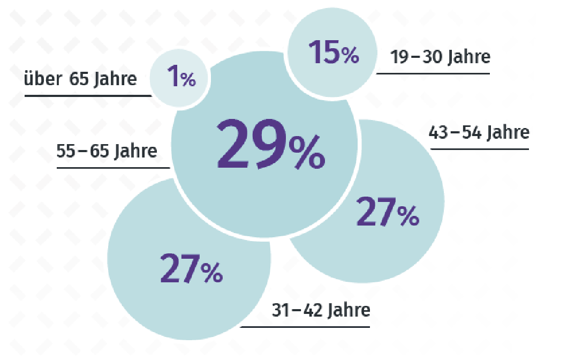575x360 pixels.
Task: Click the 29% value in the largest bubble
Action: (270, 146)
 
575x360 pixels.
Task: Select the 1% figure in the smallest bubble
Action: (181, 78)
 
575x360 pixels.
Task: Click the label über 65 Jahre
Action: (80, 79)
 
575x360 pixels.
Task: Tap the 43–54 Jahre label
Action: (479, 132)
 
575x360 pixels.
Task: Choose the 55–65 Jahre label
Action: (107, 151)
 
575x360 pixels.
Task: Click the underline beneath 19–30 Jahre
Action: (433, 73)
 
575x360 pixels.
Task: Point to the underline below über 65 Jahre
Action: (88, 96)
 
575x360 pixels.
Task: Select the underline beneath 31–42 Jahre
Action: (305, 326)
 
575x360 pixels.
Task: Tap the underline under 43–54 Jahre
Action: (479, 149)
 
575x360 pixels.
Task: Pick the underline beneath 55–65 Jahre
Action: (113, 168)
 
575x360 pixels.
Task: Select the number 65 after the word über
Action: (79, 79)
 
